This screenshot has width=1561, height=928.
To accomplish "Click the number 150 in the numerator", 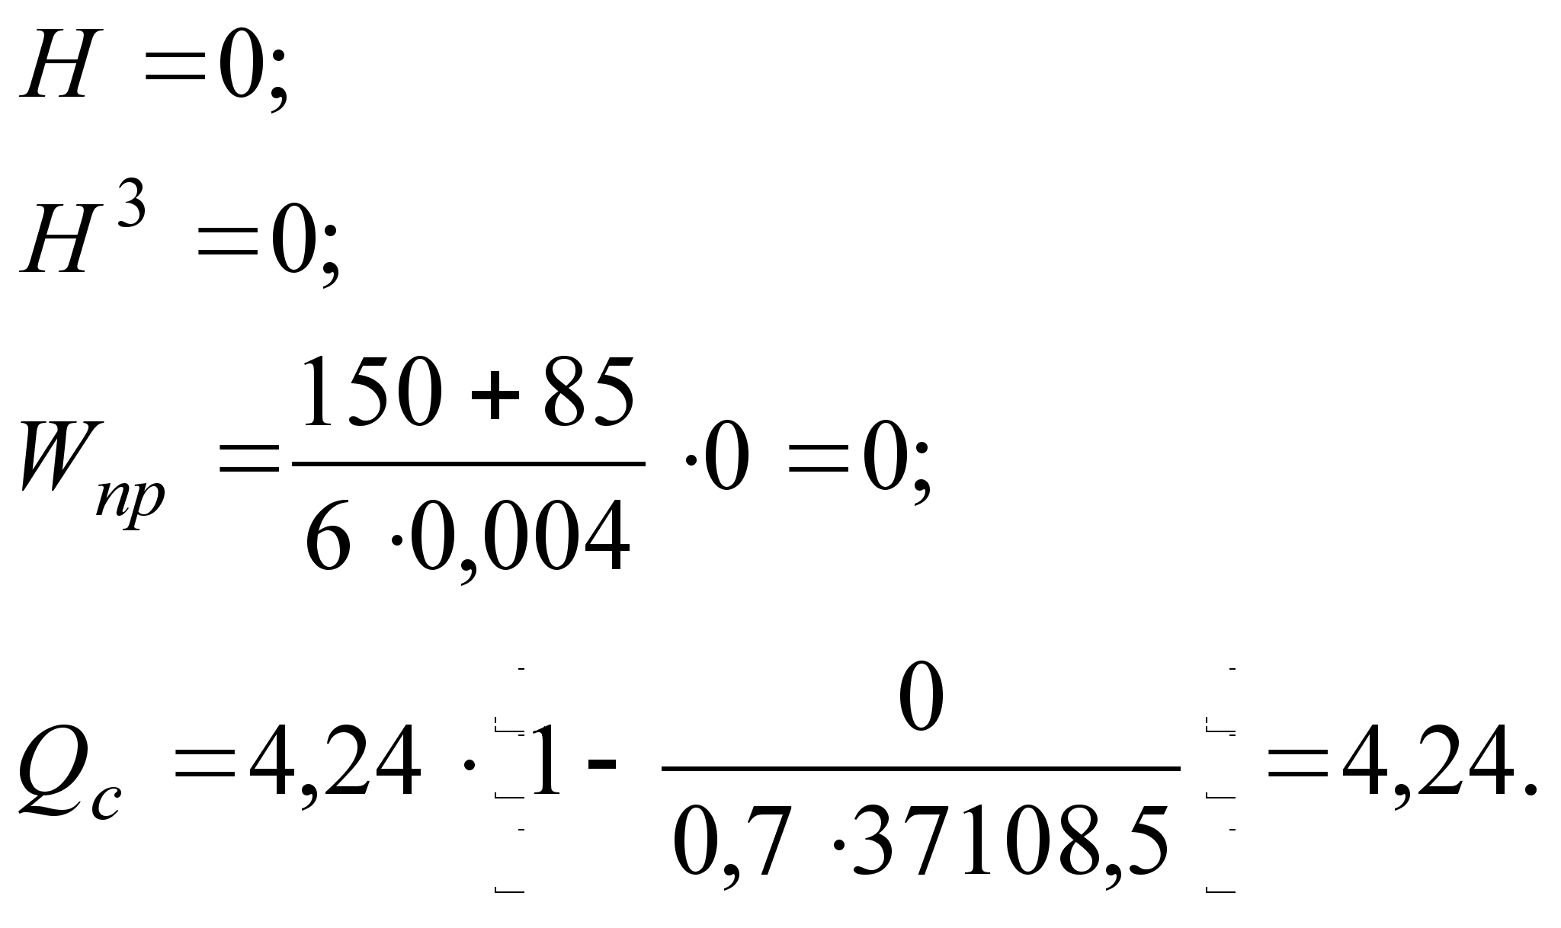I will tap(372, 393).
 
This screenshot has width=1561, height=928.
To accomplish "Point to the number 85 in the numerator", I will tap(588, 393).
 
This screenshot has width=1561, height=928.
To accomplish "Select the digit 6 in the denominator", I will tap(328, 535).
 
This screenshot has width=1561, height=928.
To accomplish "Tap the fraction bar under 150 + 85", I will tap(469, 463).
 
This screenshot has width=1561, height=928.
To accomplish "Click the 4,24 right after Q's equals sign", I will tap(335, 762).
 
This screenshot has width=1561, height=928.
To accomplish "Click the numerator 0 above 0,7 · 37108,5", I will tap(921, 697).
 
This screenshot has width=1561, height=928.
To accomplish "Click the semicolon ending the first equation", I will tap(278, 80).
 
